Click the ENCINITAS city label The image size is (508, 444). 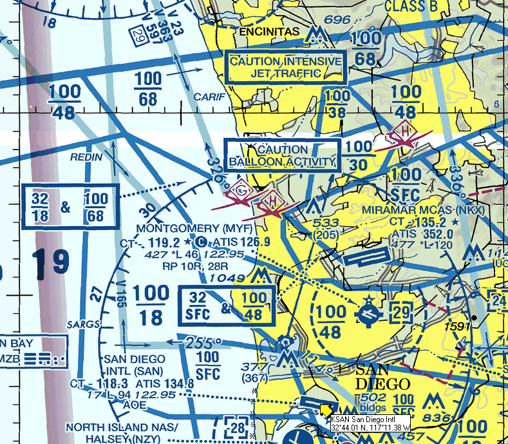[269, 31]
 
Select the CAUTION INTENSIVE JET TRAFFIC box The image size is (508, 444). [286, 67]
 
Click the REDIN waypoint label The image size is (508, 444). [84, 157]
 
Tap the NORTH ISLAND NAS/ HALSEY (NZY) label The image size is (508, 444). [121, 432]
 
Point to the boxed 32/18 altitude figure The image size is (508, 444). [41, 206]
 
